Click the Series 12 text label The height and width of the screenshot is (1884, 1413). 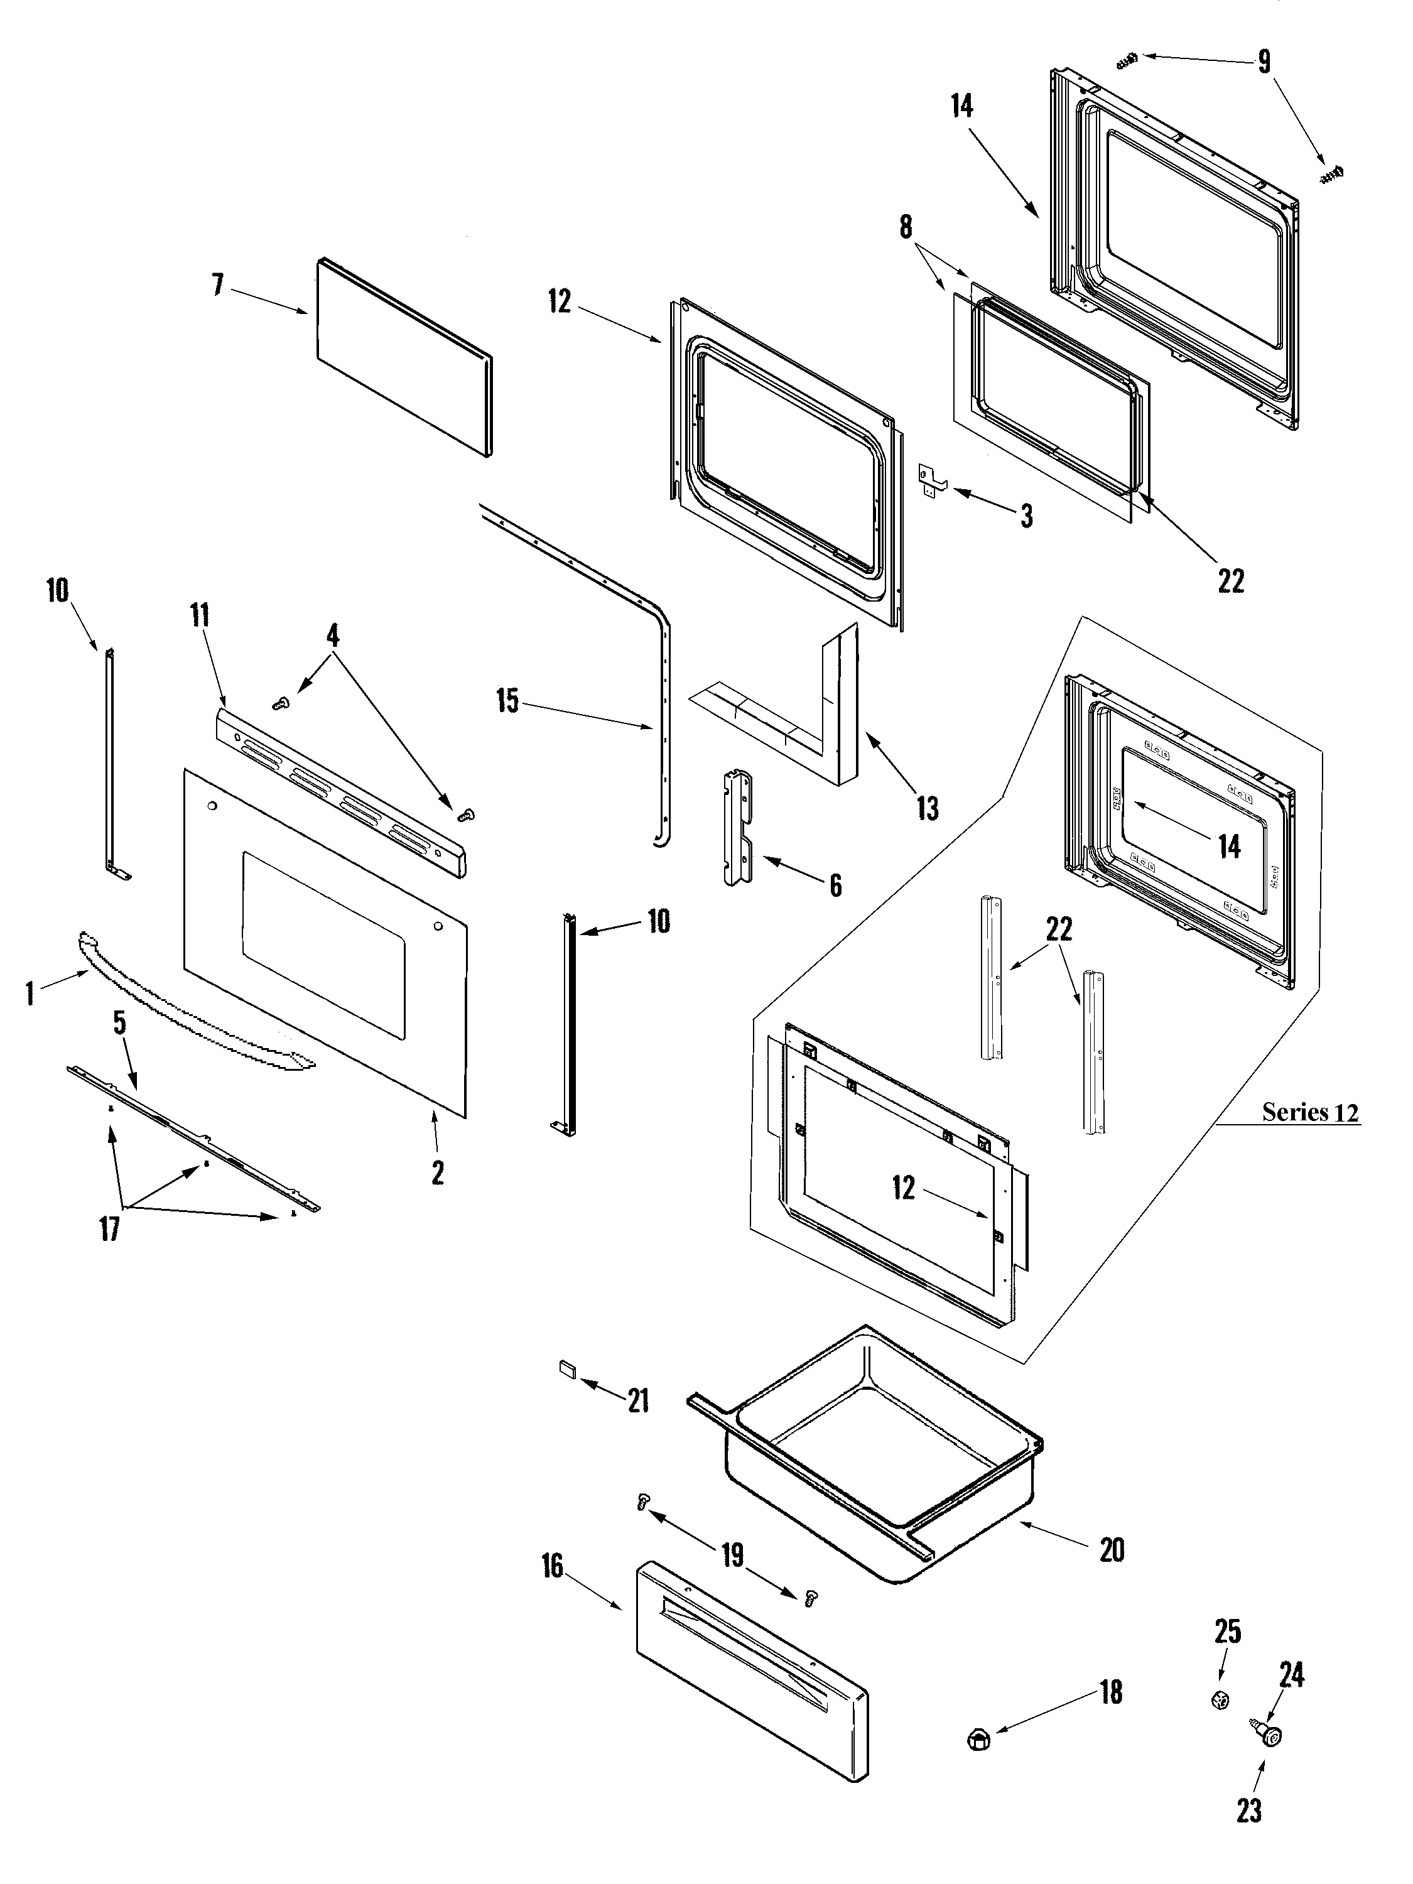pos(1309,1112)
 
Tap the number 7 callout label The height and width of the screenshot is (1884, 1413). pos(218,284)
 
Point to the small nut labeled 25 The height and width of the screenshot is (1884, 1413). pos(1220,1700)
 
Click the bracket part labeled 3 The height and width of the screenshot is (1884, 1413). pos(932,478)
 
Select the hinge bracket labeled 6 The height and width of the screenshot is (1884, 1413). pos(738,827)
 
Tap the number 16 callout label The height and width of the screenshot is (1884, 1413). pos(553,1566)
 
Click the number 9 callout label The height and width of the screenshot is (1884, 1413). pos(1264,62)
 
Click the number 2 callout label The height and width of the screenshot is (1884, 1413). pos(437,1173)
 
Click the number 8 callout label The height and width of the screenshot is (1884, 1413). pos(906,227)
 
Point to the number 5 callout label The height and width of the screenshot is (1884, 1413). pos(120,1023)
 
